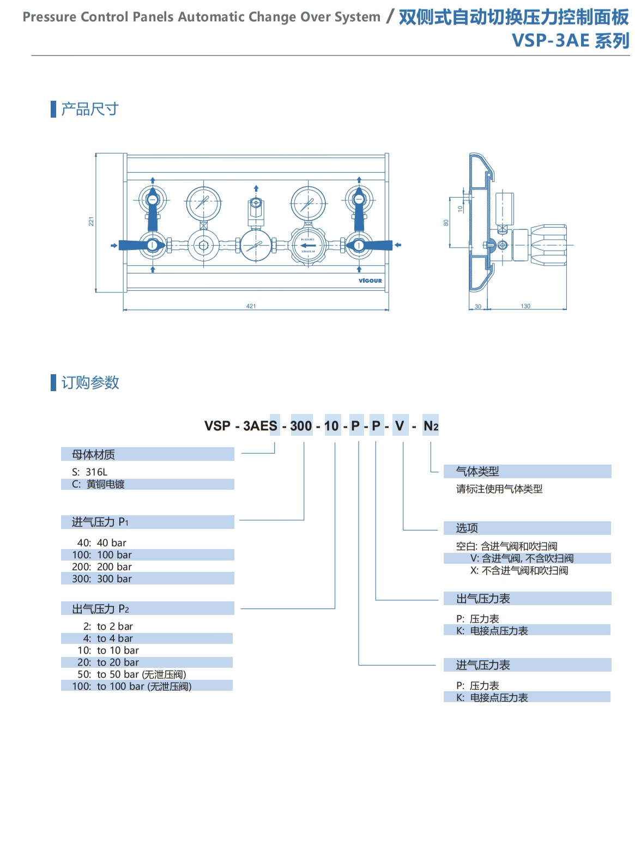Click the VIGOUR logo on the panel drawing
point(370,281)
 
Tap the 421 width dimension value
point(251,306)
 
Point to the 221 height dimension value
point(92,222)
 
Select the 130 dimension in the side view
point(525,306)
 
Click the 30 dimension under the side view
point(478,307)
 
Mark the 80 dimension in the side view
point(446,223)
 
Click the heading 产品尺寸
point(89,109)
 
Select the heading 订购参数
point(90,382)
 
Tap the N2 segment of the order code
point(431,426)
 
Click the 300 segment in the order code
point(301,426)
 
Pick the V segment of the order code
point(400,426)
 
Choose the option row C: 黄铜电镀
point(99,484)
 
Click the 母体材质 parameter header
point(93,454)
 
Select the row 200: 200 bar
point(102,566)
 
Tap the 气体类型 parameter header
point(477,471)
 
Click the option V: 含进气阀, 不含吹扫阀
point(522,558)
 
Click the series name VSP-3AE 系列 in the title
point(570,41)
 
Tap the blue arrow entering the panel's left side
point(114,246)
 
